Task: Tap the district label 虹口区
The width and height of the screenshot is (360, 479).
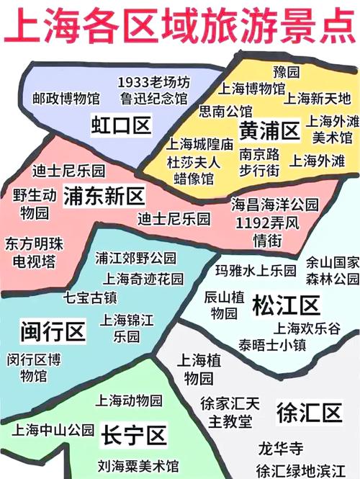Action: [x=121, y=125]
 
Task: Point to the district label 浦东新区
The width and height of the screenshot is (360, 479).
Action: [x=104, y=195]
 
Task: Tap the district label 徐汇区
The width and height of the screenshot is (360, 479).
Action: [x=308, y=413]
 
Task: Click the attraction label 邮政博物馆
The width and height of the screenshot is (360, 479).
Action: [x=66, y=97]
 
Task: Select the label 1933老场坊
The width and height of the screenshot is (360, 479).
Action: [x=154, y=81]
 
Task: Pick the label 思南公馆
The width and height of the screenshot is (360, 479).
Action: [x=225, y=111]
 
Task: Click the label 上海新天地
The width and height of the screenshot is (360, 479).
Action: [x=317, y=98]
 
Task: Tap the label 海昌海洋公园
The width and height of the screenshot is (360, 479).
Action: [x=274, y=205]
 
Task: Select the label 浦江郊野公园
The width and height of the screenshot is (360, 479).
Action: [x=135, y=257]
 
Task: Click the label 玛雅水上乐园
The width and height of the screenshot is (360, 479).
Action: [x=256, y=271]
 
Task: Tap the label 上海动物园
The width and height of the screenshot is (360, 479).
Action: [x=129, y=400]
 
